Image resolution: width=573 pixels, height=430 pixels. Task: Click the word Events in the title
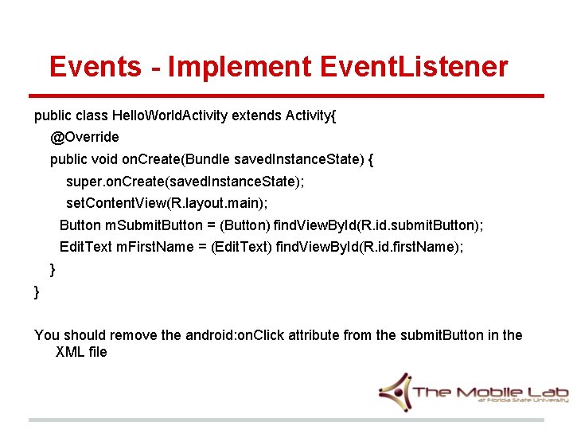pos(95,66)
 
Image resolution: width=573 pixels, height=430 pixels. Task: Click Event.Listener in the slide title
pos(414,66)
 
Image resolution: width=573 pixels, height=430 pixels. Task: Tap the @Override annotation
pos(84,137)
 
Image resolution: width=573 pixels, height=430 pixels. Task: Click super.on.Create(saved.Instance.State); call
pos(185,182)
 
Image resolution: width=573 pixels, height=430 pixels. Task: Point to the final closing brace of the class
pos(37,291)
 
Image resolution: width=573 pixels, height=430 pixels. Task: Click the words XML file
pos(81,352)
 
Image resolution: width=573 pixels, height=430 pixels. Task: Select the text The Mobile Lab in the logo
pos(490,392)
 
